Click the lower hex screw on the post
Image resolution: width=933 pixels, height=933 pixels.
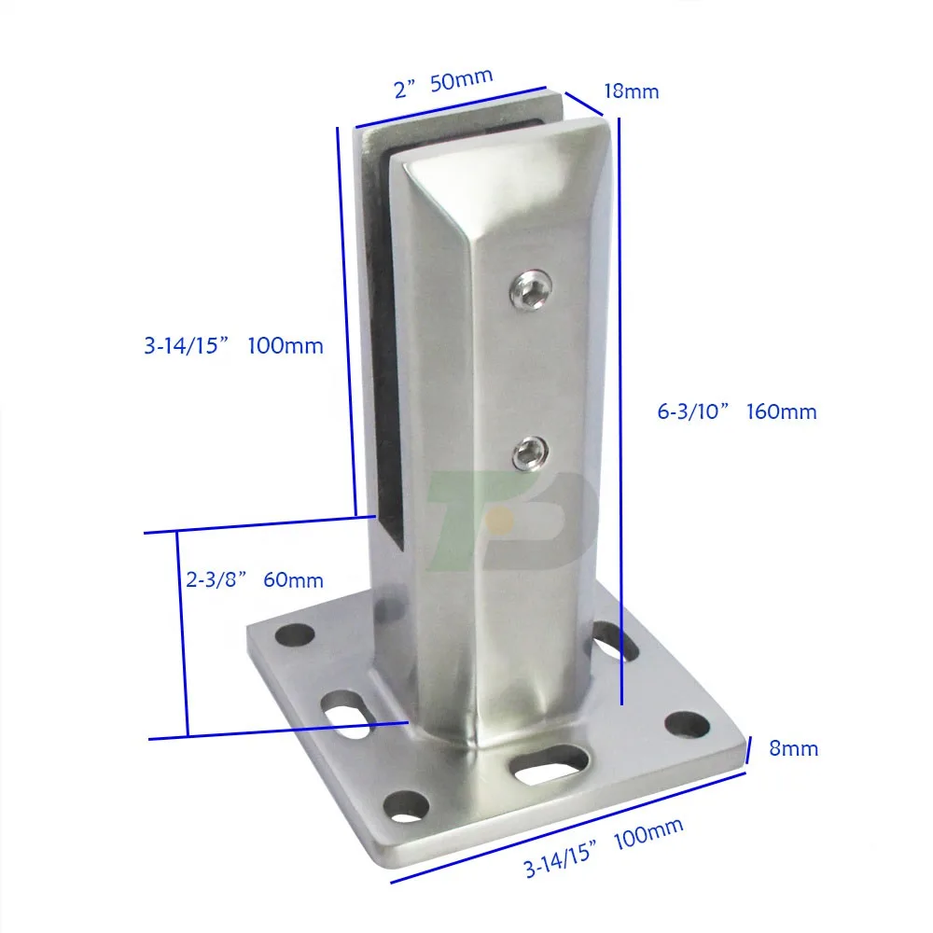[x=529, y=454]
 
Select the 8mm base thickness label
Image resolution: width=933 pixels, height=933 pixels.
[x=795, y=747]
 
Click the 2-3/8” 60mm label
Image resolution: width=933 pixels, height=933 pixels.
[x=248, y=579]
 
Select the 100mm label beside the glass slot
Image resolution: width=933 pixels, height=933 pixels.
[x=233, y=346]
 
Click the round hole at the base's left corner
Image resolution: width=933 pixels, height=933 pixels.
[x=298, y=635]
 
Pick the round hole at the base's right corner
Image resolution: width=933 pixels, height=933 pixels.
[x=689, y=723]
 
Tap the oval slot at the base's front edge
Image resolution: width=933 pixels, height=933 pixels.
[x=550, y=764]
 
